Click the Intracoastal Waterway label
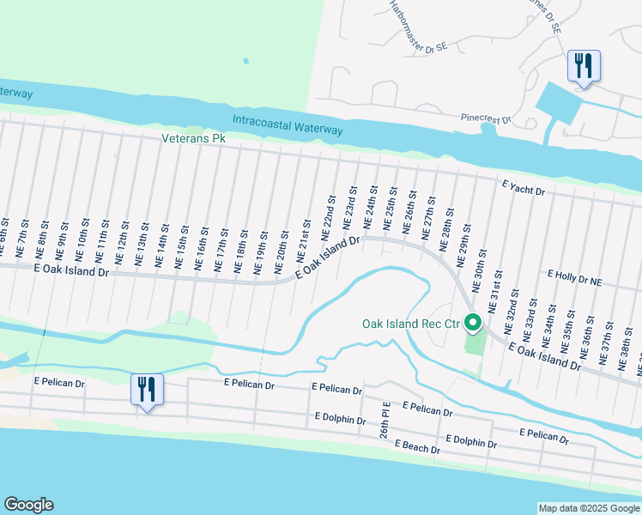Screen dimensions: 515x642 pos(288,125)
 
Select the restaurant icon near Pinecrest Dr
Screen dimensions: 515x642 pos(584,66)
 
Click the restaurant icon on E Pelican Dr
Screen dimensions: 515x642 pos(147,390)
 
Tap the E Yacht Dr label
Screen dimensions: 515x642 pos(524,190)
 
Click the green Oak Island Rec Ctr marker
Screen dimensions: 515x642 pos(472,324)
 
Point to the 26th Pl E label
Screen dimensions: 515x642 pos(386,419)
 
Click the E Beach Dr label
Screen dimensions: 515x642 pos(418,448)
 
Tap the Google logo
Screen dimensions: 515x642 pos(28,505)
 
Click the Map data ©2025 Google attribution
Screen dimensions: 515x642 pos(589,508)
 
